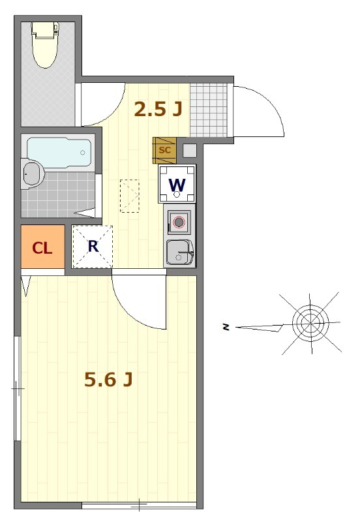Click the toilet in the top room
[44, 44]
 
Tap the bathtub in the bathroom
[59, 153]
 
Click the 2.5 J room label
[158, 109]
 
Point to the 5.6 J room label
[108, 379]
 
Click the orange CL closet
[42, 247]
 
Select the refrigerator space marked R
[93, 247]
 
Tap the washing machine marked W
[177, 184]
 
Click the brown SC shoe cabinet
[164, 151]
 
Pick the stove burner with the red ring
[179, 222]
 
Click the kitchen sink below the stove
[179, 253]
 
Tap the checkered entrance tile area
[209, 110]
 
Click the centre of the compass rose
[310, 323]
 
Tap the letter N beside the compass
[226, 328]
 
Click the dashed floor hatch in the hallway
[129, 196]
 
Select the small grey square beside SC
[190, 151]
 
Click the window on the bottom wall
[139, 506]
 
